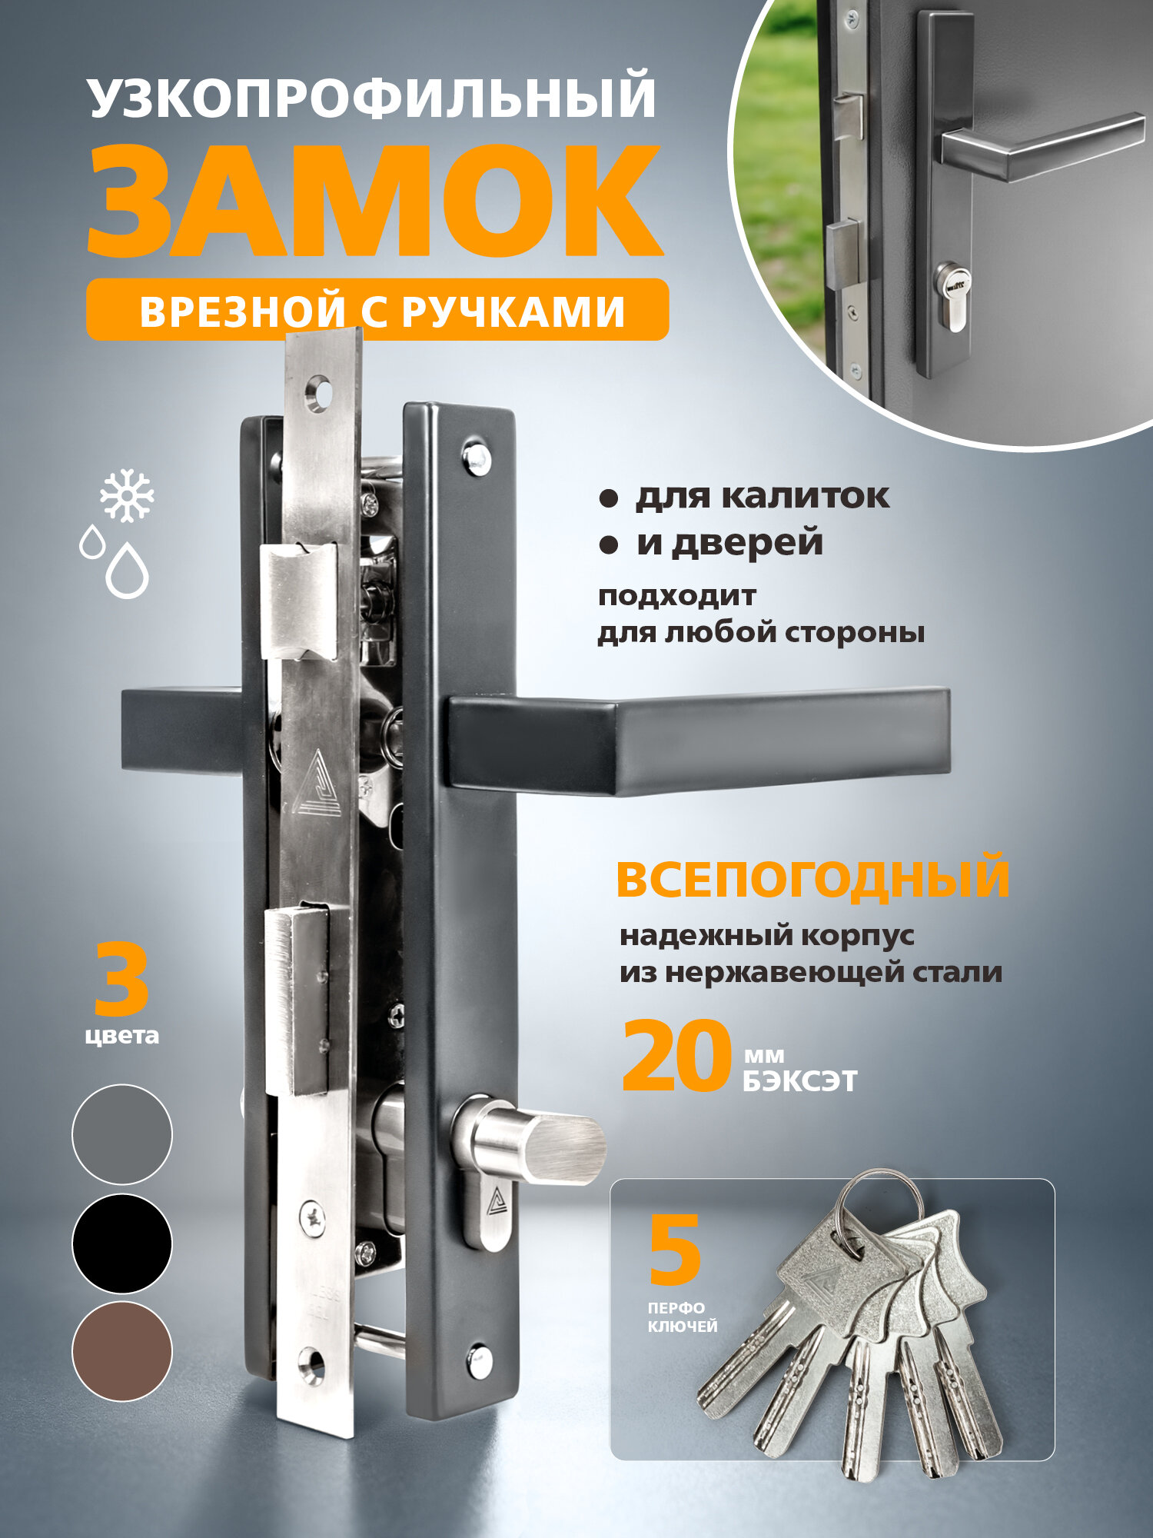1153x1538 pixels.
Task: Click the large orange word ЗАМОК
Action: click(x=375, y=201)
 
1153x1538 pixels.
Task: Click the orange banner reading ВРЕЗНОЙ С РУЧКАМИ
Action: click(x=377, y=310)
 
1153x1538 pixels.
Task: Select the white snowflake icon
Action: click(x=127, y=494)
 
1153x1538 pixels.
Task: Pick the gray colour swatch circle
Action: click(x=121, y=1134)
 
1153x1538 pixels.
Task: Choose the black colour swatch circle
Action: click(x=121, y=1243)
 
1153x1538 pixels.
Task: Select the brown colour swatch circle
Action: click(x=121, y=1351)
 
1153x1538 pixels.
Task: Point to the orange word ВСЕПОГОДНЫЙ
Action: click(x=812, y=878)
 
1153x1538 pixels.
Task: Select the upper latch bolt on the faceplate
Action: click(x=300, y=600)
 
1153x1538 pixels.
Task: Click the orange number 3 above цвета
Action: click(x=121, y=980)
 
